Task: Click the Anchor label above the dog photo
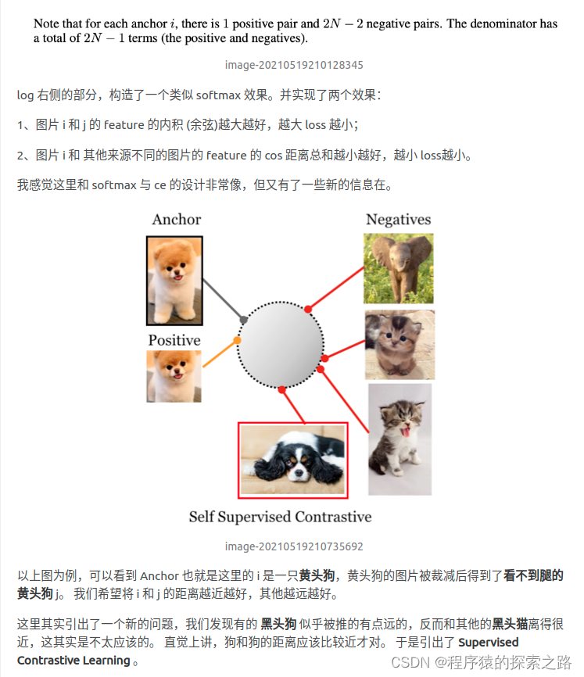[x=176, y=220]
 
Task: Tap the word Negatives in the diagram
[x=399, y=220]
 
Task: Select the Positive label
[x=174, y=340]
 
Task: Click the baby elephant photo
[x=399, y=269]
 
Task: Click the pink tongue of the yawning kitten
[x=405, y=431]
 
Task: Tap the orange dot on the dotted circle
[x=237, y=340]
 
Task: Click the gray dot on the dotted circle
[x=244, y=320]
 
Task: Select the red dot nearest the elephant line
[x=308, y=309]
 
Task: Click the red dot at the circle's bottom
[x=282, y=390]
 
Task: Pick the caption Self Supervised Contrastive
[x=280, y=517]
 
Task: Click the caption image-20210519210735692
[x=294, y=546]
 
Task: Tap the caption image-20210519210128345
[x=294, y=65]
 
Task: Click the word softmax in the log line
[x=218, y=95]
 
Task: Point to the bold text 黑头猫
[x=510, y=624]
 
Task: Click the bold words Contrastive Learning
[x=73, y=661]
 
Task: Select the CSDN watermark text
[x=482, y=662]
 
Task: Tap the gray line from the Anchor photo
[x=223, y=299]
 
